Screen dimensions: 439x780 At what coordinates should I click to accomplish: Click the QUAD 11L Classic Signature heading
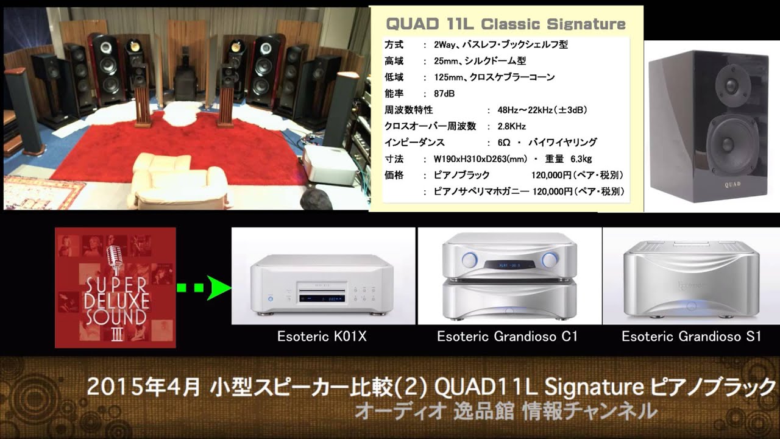(x=506, y=25)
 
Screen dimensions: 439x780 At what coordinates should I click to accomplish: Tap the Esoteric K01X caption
(x=322, y=337)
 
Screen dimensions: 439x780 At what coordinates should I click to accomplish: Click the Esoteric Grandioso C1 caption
(x=507, y=337)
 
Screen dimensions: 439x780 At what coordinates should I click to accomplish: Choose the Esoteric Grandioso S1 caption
(x=692, y=337)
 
